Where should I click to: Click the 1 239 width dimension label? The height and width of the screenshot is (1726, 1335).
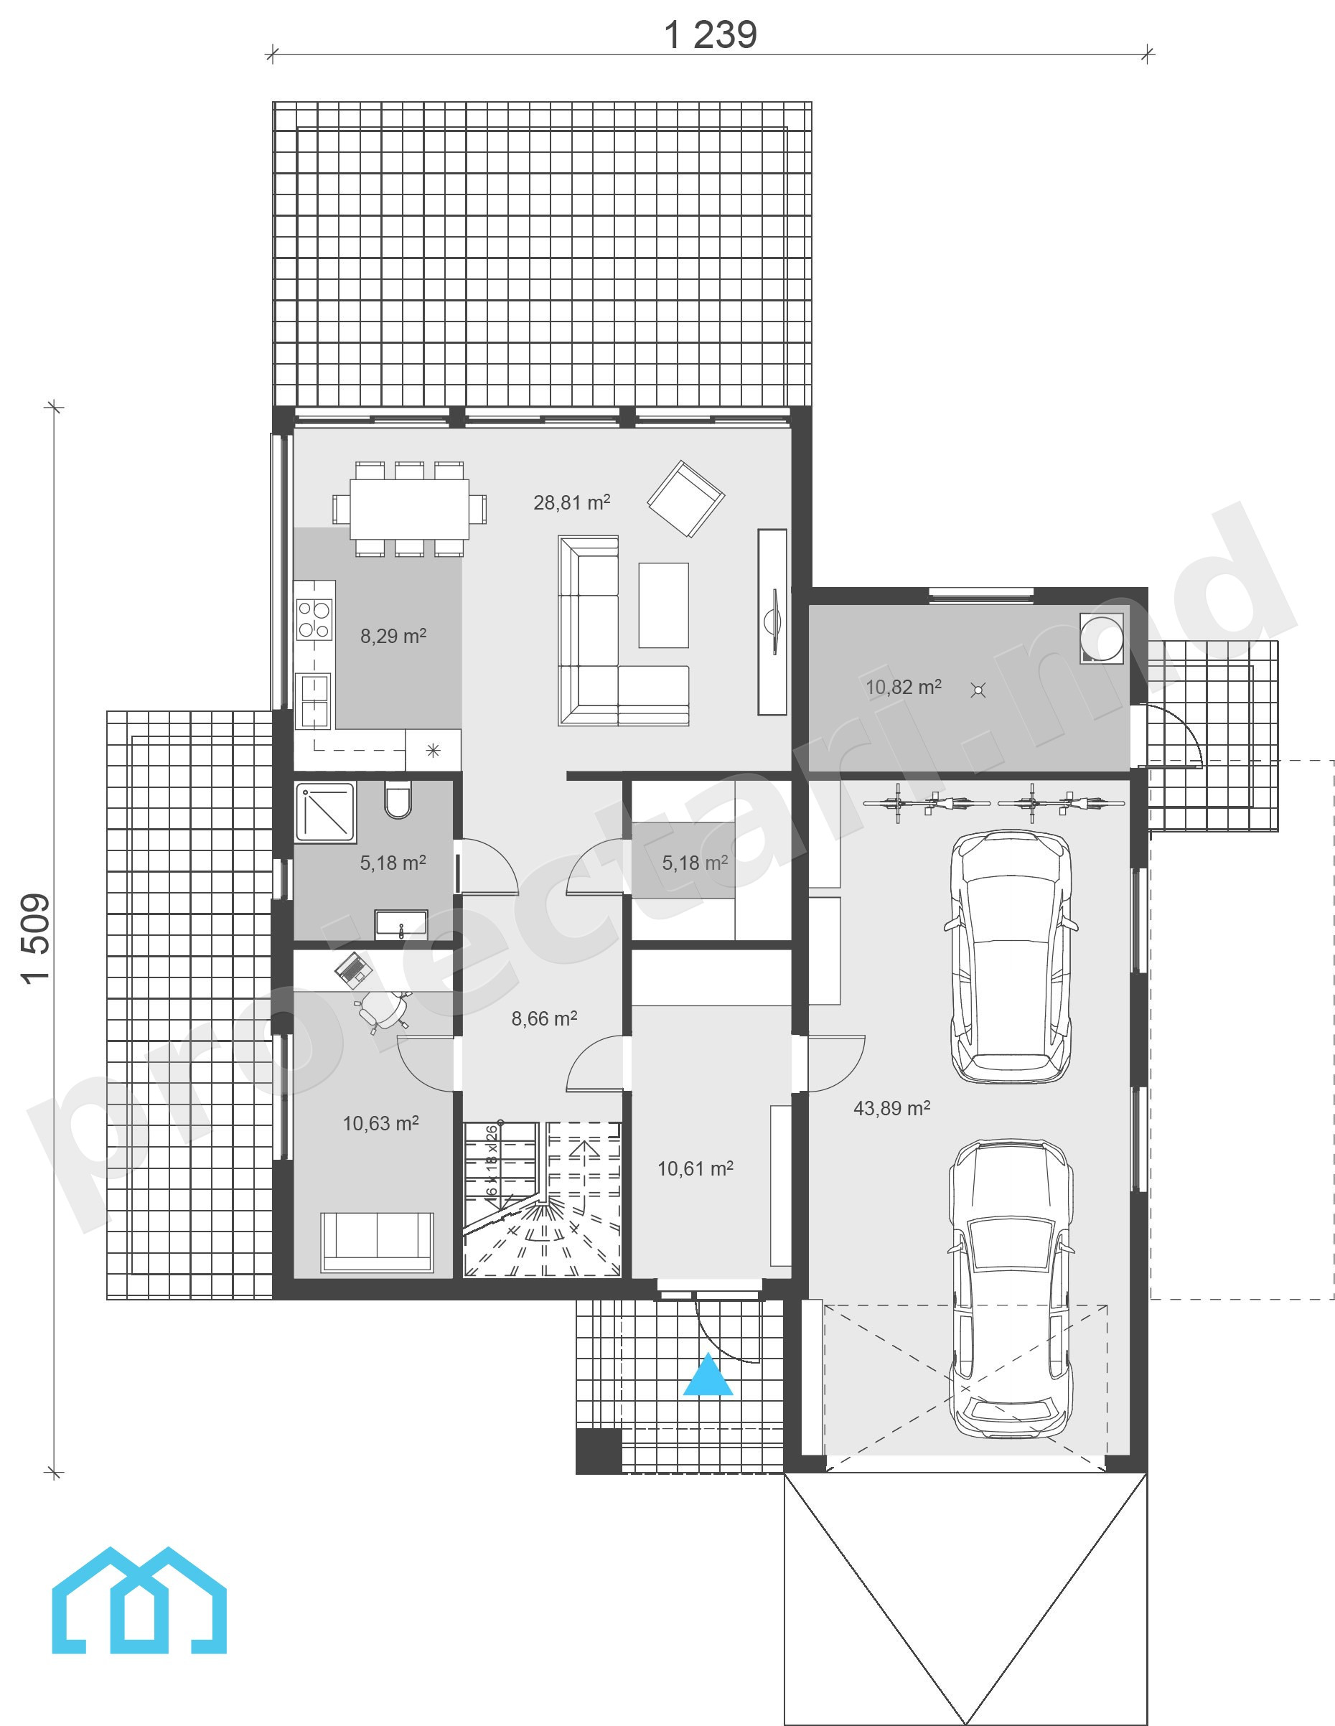point(710,36)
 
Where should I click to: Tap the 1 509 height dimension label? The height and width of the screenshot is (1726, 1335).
point(37,938)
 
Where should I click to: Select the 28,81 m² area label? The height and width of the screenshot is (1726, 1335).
point(571,502)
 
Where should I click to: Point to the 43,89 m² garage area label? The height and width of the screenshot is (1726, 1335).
point(891,1108)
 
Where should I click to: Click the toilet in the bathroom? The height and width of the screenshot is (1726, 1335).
point(397,799)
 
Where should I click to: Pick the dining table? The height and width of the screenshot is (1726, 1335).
point(409,508)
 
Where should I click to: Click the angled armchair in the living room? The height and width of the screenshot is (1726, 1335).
point(685,499)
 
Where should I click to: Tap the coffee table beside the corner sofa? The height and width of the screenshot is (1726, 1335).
point(663,606)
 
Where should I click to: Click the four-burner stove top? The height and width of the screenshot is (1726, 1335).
point(314,619)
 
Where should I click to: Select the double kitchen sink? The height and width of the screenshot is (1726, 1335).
point(313,700)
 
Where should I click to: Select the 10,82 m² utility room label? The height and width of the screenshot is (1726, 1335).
point(904,687)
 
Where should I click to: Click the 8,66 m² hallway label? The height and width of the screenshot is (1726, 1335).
point(544,1018)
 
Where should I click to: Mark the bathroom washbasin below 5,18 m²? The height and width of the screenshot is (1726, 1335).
point(400,924)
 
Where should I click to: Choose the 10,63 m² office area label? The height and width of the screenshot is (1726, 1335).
point(380,1123)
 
